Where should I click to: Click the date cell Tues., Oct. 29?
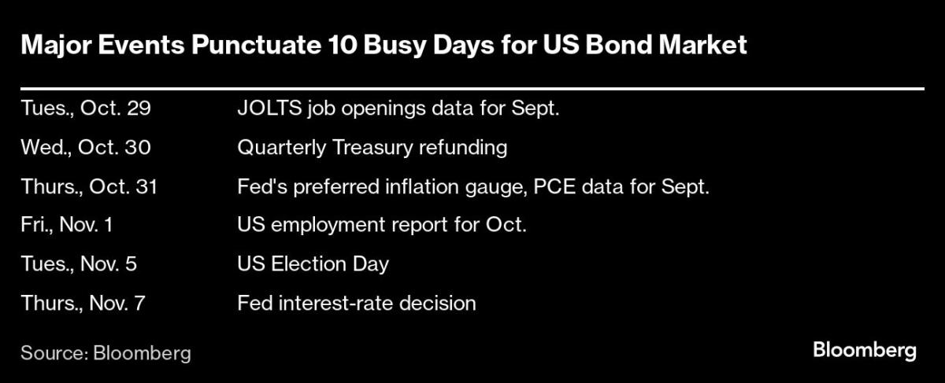click(86, 109)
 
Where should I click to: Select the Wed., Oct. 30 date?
click(86, 148)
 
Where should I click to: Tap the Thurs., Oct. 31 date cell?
click(89, 186)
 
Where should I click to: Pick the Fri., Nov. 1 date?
click(67, 225)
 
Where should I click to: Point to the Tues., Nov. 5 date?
click(79, 263)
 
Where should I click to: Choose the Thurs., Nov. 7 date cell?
click(83, 303)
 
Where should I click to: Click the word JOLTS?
click(269, 109)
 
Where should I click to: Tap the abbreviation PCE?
click(554, 186)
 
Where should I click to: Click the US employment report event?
click(382, 226)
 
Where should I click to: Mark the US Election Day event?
click(313, 264)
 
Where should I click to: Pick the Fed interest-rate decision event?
click(357, 303)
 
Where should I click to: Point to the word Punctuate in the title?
click(256, 45)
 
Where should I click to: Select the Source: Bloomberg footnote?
click(106, 353)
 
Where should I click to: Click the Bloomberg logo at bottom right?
click(865, 351)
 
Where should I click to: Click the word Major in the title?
click(56, 46)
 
